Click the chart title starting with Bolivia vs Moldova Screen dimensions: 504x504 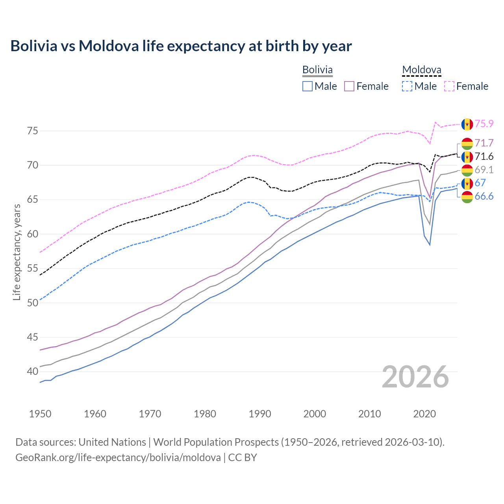(181, 46)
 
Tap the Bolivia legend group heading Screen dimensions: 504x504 (317, 70)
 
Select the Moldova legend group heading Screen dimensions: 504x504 (421, 70)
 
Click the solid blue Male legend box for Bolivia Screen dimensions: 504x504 (308, 86)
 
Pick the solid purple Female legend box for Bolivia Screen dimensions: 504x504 (349, 86)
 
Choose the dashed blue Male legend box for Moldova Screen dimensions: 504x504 (407, 86)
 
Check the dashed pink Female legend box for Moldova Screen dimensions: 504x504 (449, 86)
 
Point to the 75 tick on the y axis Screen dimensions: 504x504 (33, 131)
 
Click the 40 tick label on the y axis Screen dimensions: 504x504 (33, 371)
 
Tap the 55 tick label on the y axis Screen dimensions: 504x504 (33, 269)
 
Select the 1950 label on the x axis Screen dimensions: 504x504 (40, 414)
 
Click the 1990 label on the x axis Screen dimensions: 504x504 (260, 414)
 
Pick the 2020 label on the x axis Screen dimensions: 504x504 (424, 414)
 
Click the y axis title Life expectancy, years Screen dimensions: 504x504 (17, 252)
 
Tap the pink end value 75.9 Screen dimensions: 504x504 (484, 124)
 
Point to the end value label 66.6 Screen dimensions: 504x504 (484, 196)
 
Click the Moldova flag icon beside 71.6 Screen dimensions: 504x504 (467, 157)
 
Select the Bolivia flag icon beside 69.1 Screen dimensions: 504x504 (467, 170)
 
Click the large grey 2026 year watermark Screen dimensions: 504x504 (415, 377)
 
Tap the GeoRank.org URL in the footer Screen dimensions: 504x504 (118, 458)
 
